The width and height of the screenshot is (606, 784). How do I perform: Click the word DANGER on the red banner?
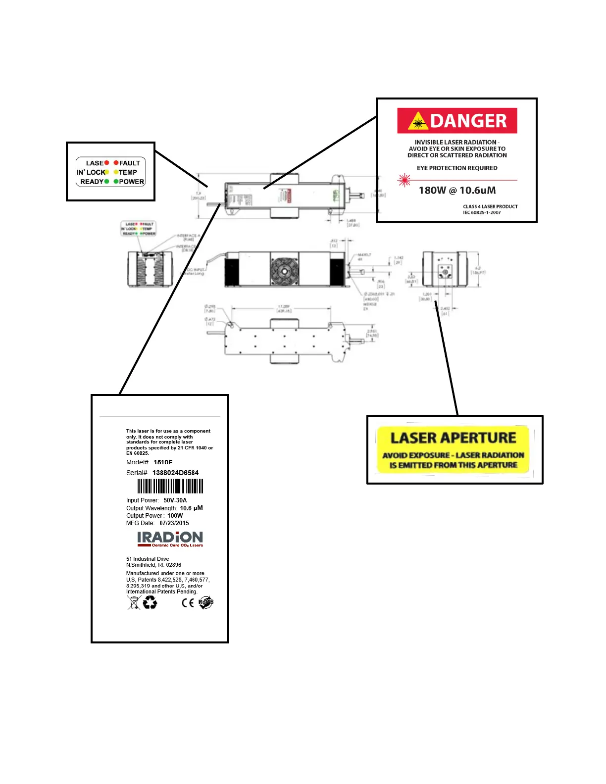tap(468, 121)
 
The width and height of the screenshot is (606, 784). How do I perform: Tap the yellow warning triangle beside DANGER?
tap(418, 121)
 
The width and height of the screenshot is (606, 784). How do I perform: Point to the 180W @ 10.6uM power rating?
tap(457, 191)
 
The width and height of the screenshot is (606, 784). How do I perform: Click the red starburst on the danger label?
tap(404, 180)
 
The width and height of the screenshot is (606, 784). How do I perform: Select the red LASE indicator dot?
tap(106, 163)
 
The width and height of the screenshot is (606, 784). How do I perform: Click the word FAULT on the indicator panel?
tap(130, 163)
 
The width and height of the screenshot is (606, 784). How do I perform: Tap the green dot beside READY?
tap(106, 182)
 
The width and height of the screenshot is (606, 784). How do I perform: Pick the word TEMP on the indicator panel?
tap(128, 172)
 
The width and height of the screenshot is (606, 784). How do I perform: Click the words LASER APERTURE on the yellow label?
tap(453, 438)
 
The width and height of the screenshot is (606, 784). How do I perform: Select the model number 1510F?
tap(163, 462)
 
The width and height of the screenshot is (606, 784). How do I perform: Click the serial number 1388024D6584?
tap(175, 473)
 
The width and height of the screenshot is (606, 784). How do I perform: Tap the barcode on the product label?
tap(170, 486)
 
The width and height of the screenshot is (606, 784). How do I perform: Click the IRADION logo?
tap(170, 538)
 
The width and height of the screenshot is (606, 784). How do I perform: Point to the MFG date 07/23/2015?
tap(174, 523)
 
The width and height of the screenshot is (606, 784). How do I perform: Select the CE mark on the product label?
tap(188, 602)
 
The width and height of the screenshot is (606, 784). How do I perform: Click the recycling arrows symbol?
tap(150, 602)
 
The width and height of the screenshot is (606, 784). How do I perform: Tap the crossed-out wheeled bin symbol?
tap(134, 602)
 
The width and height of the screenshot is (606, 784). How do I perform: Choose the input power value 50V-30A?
tap(175, 500)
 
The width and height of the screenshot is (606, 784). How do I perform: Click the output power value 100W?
tap(175, 516)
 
